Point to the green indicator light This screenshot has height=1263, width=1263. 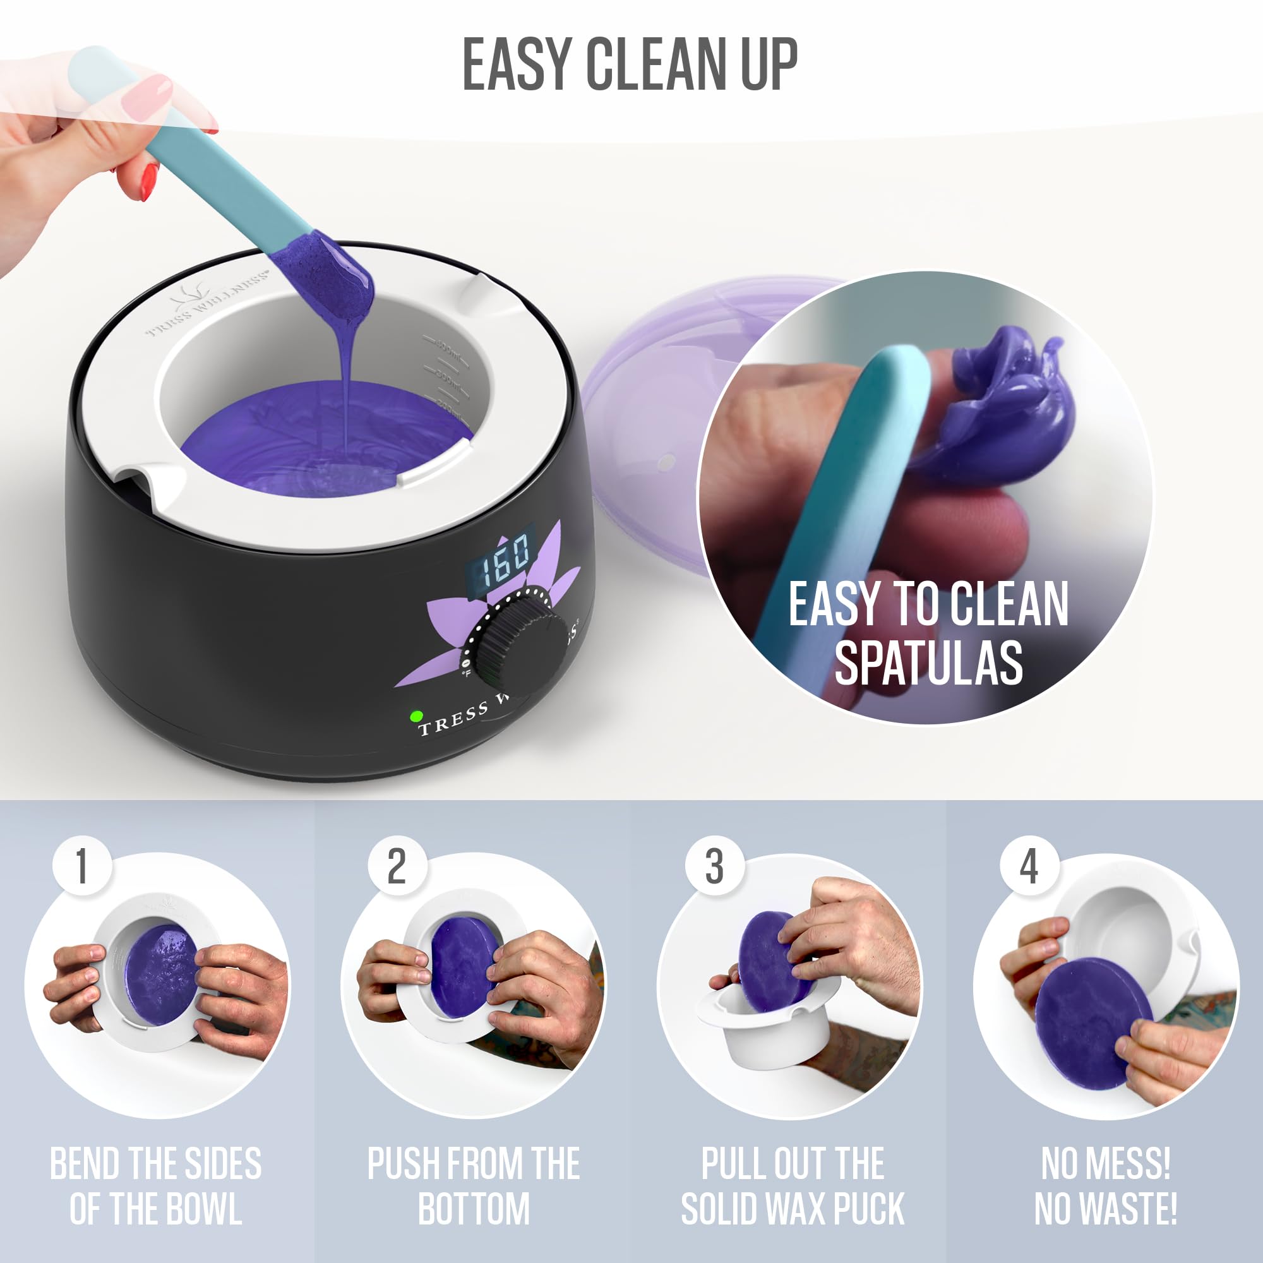415,717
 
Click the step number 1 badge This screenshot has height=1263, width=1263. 81,867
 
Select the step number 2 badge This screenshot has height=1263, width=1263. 396,867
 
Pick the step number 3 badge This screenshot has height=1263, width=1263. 714,867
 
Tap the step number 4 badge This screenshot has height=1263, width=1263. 1029,867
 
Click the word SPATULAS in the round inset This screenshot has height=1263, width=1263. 928,664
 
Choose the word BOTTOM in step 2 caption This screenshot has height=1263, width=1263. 474,1209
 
